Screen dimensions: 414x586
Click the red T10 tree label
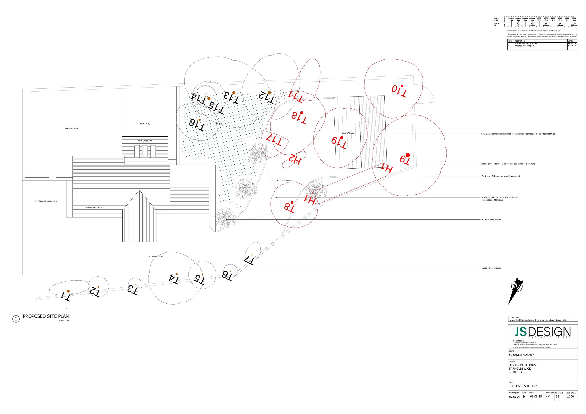coord(399,91)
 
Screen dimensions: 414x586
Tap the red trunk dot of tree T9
coord(408,155)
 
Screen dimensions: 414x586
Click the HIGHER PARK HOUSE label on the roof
coord(95,207)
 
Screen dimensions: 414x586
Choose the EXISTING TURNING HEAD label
coord(47,201)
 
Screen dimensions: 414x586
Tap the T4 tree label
coord(174,279)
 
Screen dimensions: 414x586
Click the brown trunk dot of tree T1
coord(68,291)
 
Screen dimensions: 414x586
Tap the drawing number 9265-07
coord(514,397)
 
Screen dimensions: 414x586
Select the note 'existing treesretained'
coord(491,268)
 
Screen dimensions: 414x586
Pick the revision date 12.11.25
coord(572,46)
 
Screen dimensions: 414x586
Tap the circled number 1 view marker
coord(16,319)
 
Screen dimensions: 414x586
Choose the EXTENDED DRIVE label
coord(285,181)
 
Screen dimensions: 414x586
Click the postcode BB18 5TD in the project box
coord(515,372)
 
